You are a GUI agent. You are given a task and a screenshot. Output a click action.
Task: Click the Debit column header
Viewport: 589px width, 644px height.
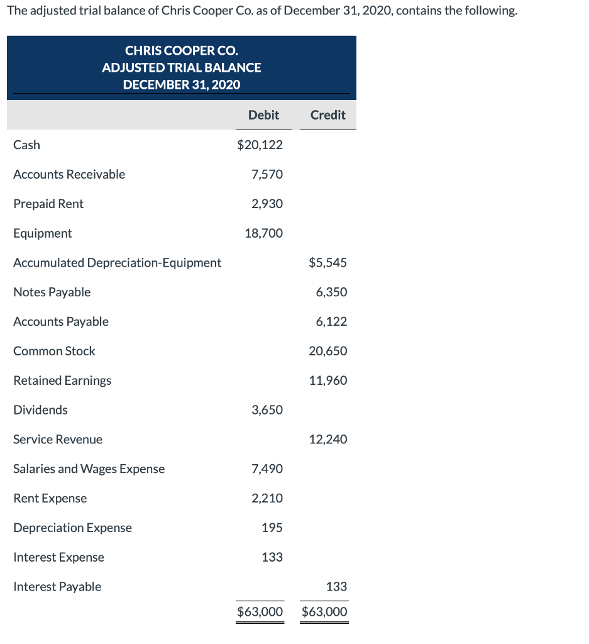coord(263,115)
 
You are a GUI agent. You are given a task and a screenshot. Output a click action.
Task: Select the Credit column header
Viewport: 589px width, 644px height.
coord(328,115)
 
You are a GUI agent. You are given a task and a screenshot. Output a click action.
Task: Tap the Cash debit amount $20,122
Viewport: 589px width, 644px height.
coord(260,145)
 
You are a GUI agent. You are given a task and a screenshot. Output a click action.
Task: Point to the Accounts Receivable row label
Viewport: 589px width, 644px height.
coord(69,174)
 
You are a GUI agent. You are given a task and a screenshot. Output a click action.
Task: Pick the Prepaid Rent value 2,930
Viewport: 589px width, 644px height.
coord(267,204)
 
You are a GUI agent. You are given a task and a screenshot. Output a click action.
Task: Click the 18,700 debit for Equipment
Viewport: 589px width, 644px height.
coord(263,233)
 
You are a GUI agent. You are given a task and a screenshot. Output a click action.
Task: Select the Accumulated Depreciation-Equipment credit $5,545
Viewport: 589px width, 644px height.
coord(328,263)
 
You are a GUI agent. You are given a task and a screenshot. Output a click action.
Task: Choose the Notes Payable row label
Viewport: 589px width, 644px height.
coord(52,292)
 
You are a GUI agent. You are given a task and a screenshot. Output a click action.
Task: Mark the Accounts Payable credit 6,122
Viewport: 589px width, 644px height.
coord(331,321)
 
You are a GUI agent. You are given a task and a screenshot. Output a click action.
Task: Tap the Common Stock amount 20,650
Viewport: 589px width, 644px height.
coord(328,351)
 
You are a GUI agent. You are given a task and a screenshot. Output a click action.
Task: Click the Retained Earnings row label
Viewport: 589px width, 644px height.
coord(62,380)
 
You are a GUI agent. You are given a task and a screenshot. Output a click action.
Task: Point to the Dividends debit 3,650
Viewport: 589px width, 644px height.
coord(267,410)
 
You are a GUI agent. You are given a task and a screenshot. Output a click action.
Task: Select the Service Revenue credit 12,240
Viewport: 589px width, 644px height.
coord(328,440)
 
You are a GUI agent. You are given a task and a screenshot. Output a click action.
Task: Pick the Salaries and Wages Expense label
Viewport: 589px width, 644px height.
coord(89,469)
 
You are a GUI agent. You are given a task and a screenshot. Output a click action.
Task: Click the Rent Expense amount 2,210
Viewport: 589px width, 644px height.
coord(267,498)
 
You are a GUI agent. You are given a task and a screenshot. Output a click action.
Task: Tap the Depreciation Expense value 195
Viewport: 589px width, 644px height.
coord(272,528)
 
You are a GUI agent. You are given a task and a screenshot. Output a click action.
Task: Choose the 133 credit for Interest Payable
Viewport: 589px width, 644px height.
coord(336,587)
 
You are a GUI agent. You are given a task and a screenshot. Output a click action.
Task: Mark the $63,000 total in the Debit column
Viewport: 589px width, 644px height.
coord(260,612)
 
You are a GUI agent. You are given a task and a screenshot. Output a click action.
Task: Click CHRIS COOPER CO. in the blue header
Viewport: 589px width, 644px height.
coord(182,50)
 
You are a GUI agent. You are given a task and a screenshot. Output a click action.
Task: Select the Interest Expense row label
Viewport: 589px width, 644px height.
coord(58,557)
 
